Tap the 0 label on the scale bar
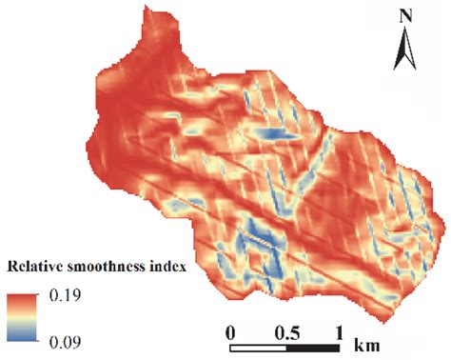(231, 331)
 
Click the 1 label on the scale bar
(339, 331)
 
